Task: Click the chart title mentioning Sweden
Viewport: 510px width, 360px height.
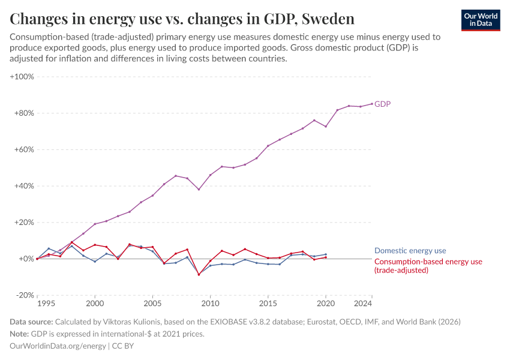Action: [x=182, y=19]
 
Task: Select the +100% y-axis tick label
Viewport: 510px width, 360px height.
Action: [x=22, y=77]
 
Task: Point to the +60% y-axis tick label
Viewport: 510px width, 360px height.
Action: [x=23, y=149]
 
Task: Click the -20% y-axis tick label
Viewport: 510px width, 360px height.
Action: [x=24, y=295]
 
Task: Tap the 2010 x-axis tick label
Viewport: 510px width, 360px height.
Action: [x=210, y=304]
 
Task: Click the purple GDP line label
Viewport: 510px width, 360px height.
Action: [x=383, y=104]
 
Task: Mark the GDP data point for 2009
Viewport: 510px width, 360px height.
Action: [x=199, y=190]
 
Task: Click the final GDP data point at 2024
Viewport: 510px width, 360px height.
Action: [x=371, y=103]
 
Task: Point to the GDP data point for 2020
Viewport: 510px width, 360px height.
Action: [x=326, y=127]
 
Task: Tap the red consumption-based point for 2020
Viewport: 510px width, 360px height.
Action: [x=326, y=257]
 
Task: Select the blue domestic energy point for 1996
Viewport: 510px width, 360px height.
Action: [x=49, y=248]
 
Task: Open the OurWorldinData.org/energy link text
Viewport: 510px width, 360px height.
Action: [x=58, y=346]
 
